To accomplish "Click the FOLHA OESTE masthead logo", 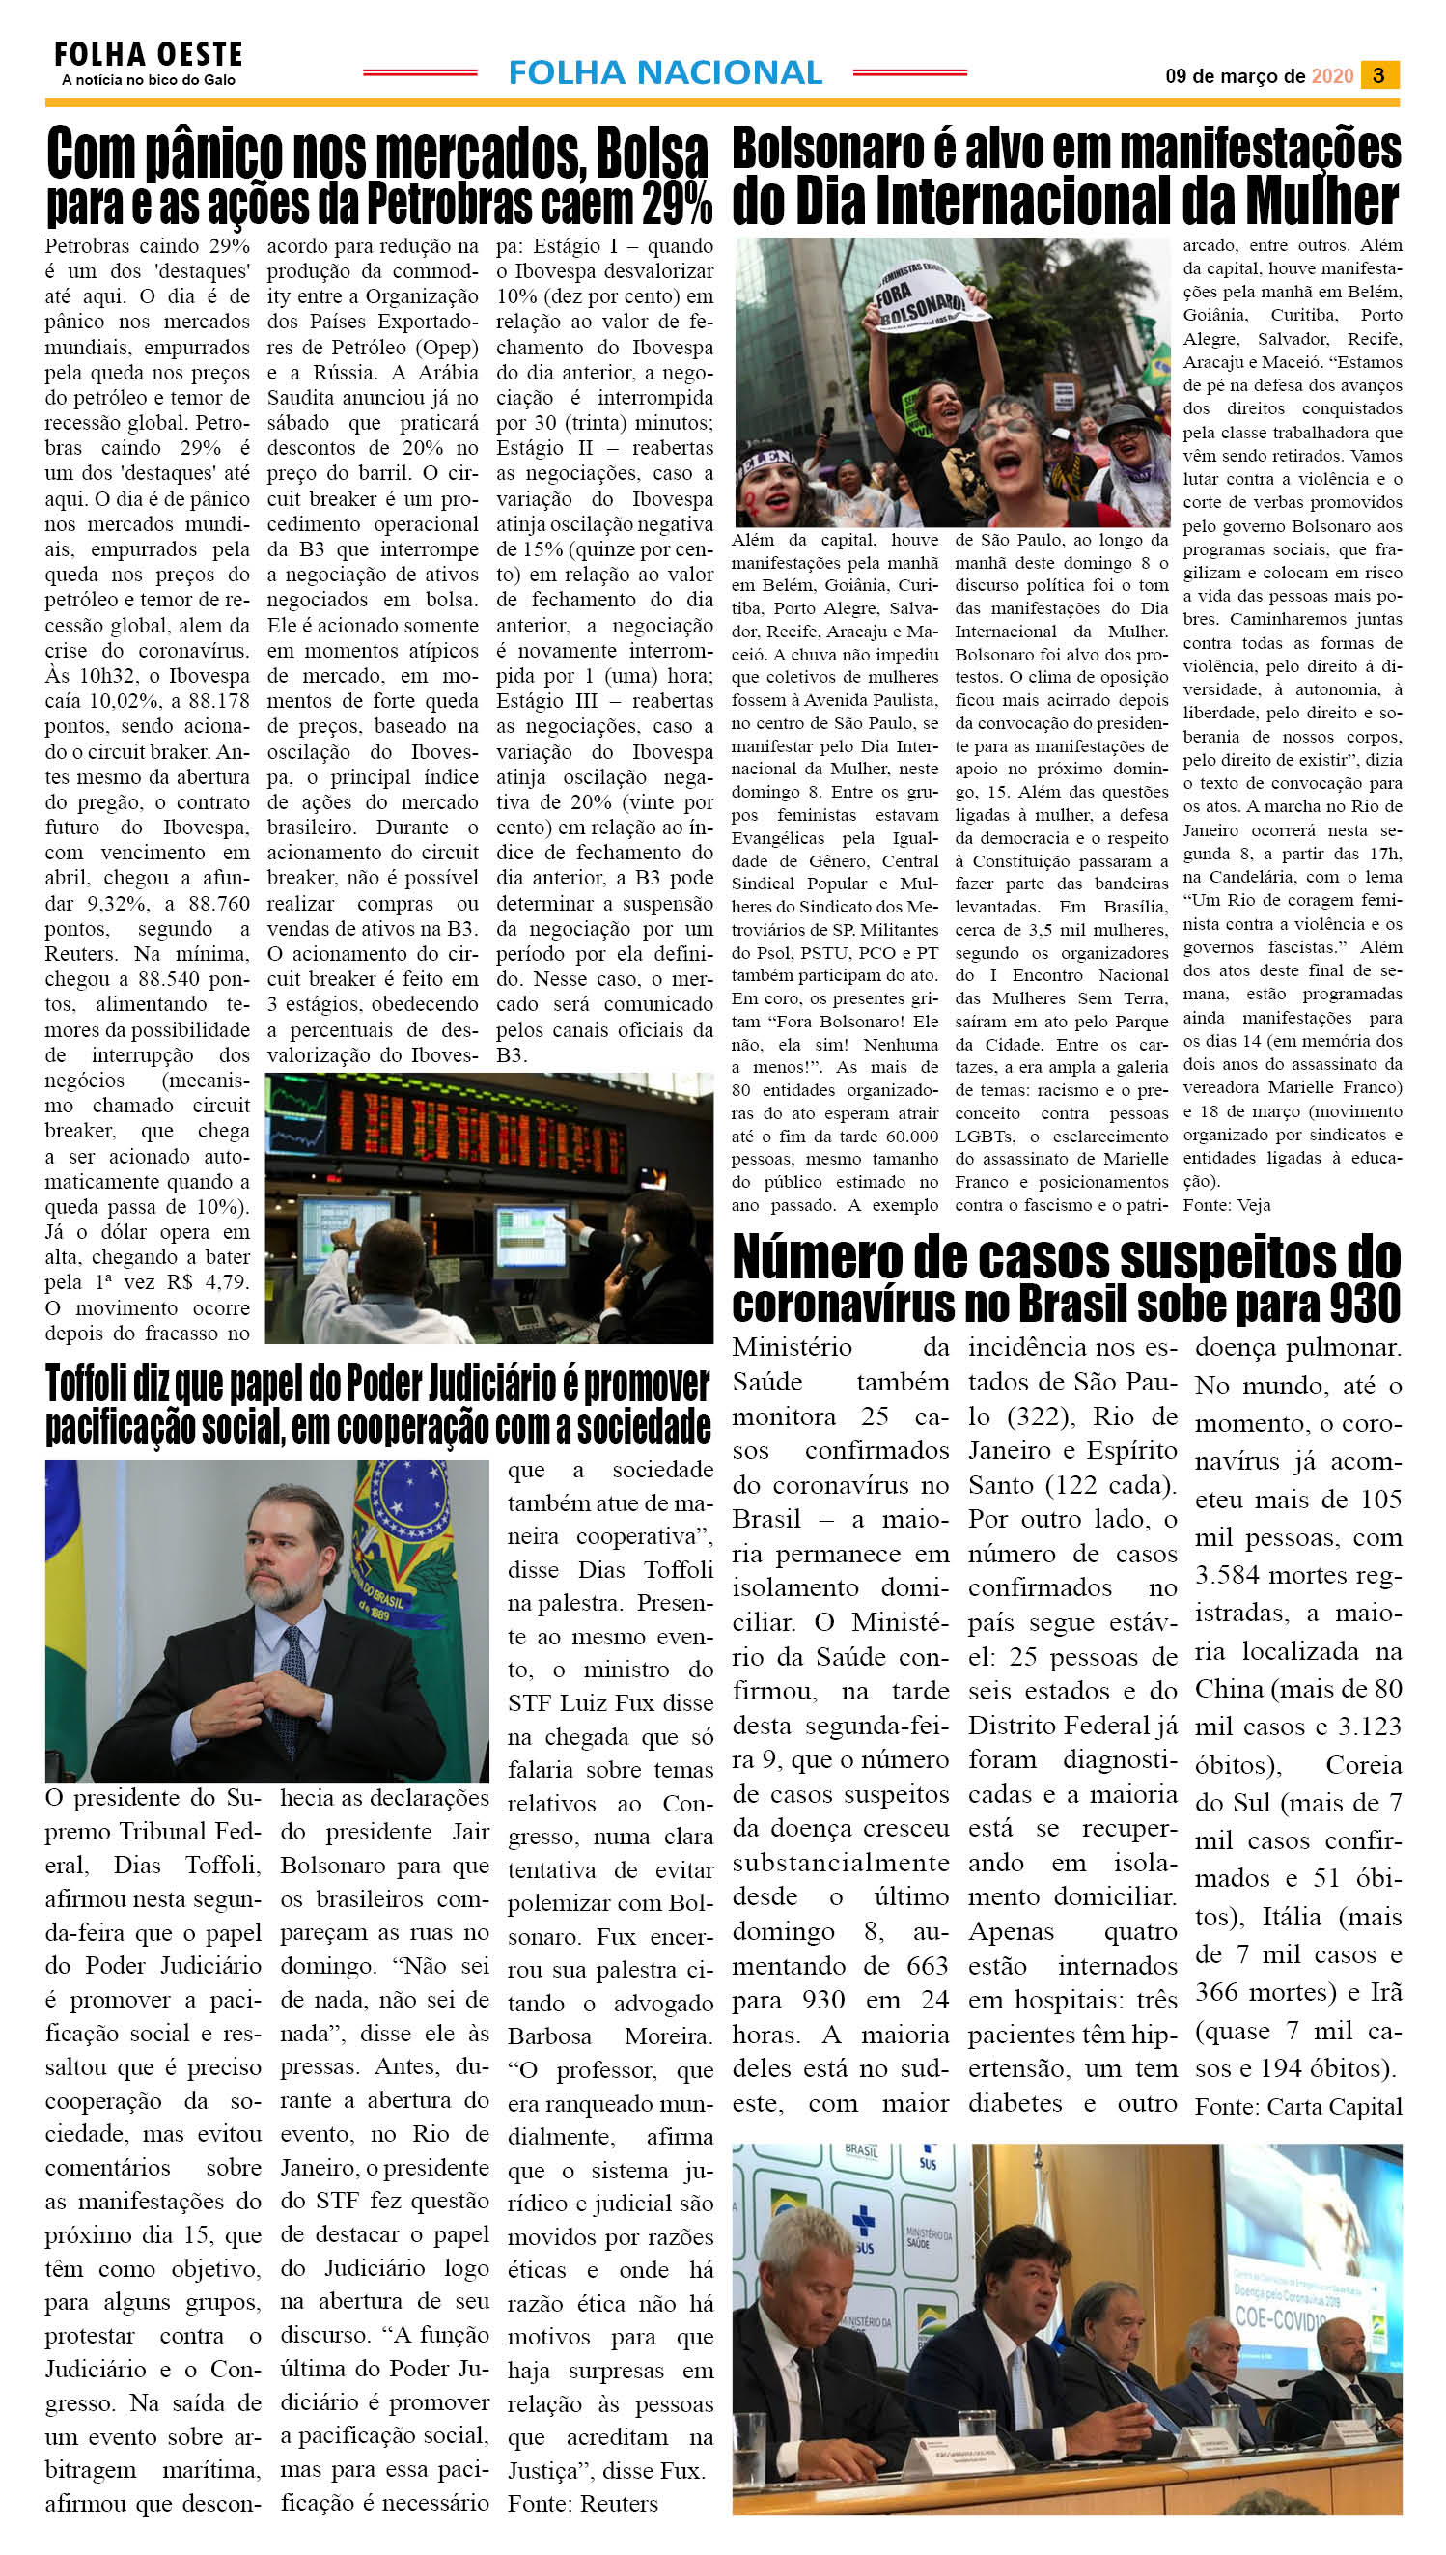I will pos(148,54).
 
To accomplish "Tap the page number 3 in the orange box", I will pos(1378,75).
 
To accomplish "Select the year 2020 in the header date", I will pos(1332,76).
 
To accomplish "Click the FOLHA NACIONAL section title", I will pos(664,72).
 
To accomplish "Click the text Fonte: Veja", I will pos(1226,1205).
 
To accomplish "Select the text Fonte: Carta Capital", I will pos(1298,2107).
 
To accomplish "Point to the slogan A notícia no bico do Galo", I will pos(148,80).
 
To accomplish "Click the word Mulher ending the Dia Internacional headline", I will pos(1321,203).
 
